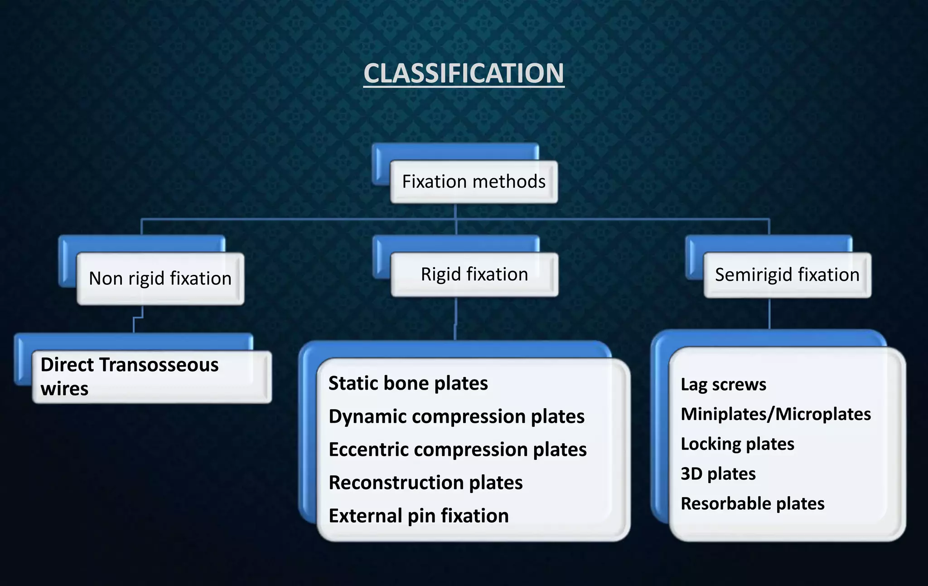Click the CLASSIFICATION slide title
click(x=464, y=73)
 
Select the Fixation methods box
click(x=474, y=181)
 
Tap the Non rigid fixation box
click(x=160, y=278)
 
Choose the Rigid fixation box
click(x=474, y=274)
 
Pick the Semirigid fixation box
click(x=787, y=275)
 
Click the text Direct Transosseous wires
click(x=130, y=376)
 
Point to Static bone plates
click(x=408, y=383)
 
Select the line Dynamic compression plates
click(x=456, y=416)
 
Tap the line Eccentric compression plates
click(x=457, y=449)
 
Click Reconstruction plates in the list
click(x=425, y=483)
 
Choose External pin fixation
click(x=418, y=516)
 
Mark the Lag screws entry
click(x=723, y=385)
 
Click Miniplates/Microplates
click(x=775, y=414)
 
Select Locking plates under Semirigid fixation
click(x=737, y=444)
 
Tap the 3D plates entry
click(x=718, y=474)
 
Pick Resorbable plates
click(x=752, y=503)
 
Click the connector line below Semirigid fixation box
click(x=769, y=314)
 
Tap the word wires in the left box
click(x=64, y=389)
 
